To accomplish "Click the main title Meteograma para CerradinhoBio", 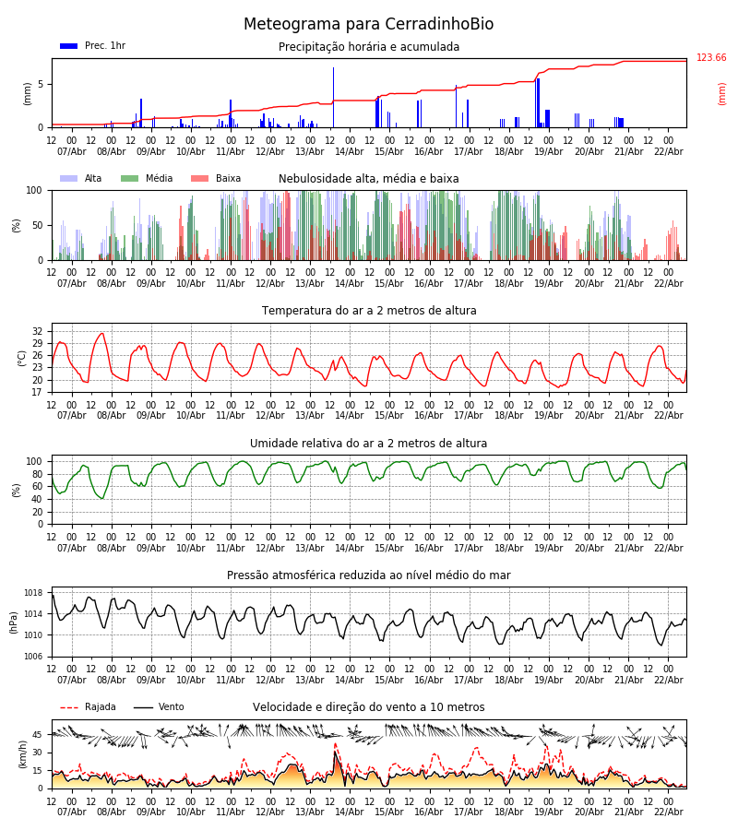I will [x=368, y=25].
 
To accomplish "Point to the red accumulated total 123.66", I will [x=711, y=58].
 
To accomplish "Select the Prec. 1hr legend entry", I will [x=93, y=46].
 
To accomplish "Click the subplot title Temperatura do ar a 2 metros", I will [x=369, y=311].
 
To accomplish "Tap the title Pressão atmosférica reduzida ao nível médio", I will [x=369, y=575].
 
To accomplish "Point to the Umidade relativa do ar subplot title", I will [x=369, y=444].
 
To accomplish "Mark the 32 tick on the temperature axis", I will [x=38, y=331].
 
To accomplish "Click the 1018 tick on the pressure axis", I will [x=34, y=593].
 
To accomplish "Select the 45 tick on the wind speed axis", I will [x=38, y=735].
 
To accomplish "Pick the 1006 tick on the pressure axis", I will [x=34, y=657].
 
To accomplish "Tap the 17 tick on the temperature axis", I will [x=38, y=392].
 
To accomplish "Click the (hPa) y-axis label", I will [x=15, y=622].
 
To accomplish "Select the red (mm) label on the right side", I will [x=722, y=93].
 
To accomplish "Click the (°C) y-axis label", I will [x=22, y=358].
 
